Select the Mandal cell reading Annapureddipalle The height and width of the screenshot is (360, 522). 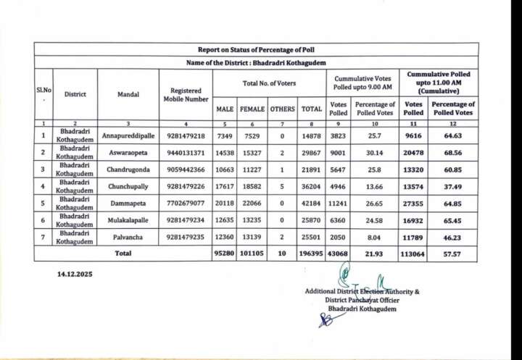coord(128,135)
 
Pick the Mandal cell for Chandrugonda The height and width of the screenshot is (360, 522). coord(128,171)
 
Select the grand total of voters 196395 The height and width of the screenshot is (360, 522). coord(312,254)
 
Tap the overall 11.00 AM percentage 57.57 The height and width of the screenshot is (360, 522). coord(452,254)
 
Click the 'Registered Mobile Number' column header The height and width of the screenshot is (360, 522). coord(186,94)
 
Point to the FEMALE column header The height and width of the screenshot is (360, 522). coord(252,109)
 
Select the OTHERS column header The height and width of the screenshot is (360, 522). coord(283,109)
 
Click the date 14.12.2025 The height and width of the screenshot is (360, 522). coord(75,275)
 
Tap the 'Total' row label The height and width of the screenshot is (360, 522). coord(123,254)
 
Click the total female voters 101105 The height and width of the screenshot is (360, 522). coord(252,254)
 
